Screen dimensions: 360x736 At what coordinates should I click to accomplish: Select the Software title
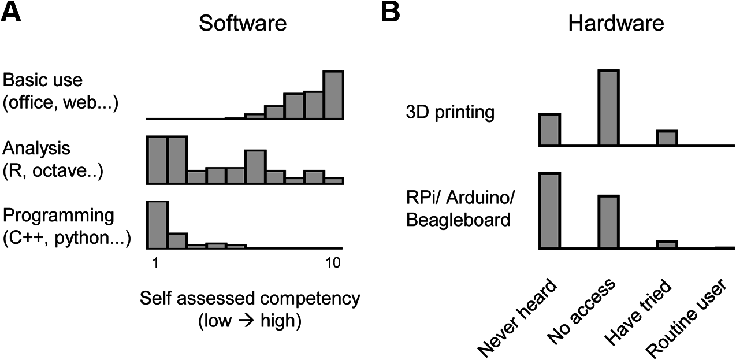click(x=242, y=24)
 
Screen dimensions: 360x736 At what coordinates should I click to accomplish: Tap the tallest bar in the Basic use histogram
click(x=333, y=95)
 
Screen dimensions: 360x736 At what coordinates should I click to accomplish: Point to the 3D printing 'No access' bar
click(x=609, y=108)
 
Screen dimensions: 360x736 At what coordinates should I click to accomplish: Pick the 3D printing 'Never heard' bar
click(x=549, y=130)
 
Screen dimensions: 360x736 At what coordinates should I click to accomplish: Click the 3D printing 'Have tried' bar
click(x=667, y=139)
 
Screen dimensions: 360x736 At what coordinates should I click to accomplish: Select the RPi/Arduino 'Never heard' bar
click(x=549, y=211)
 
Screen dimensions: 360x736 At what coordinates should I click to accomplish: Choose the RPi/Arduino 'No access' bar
click(x=609, y=222)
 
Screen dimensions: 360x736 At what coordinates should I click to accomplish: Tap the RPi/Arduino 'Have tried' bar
click(x=667, y=244)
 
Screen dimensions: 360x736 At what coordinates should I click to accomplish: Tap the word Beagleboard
click(x=459, y=220)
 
